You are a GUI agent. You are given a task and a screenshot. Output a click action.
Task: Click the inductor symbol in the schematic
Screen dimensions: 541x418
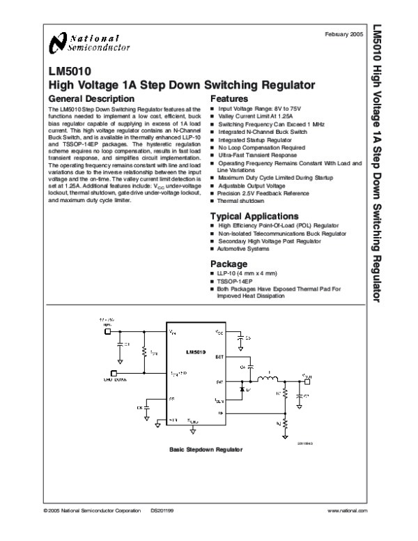267,380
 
